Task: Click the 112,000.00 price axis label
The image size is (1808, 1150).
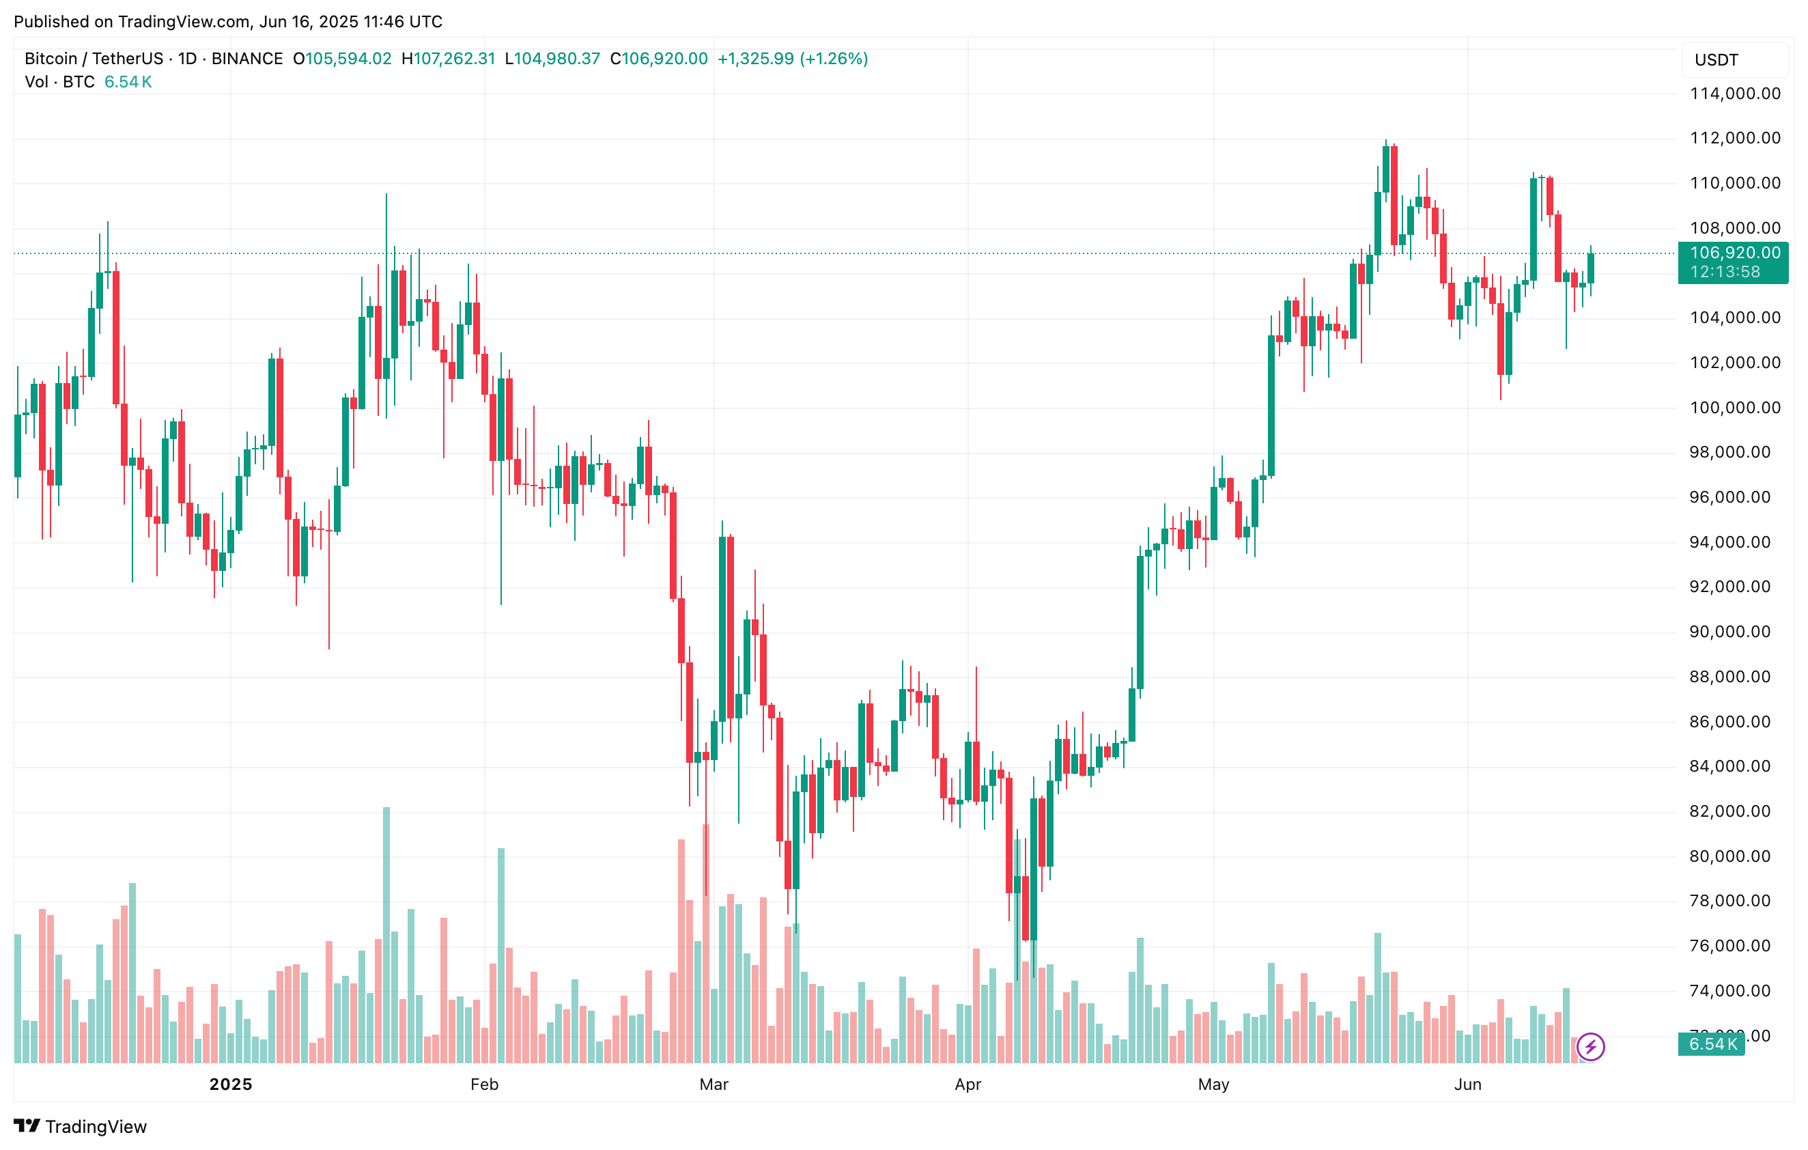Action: pyautogui.click(x=1734, y=138)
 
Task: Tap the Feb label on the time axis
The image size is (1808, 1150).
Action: pyautogui.click(x=484, y=1084)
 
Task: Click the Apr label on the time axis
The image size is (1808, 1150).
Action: pyautogui.click(x=967, y=1084)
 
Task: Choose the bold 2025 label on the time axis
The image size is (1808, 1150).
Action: pyautogui.click(x=231, y=1084)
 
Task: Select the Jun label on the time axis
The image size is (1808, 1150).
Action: pyautogui.click(x=1467, y=1084)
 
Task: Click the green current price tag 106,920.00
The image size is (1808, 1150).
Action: pyautogui.click(x=1734, y=253)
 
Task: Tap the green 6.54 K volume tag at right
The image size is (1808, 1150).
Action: pyautogui.click(x=1712, y=1044)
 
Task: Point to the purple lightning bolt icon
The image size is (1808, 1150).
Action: pyautogui.click(x=1590, y=1046)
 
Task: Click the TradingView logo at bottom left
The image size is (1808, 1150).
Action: pyautogui.click(x=81, y=1126)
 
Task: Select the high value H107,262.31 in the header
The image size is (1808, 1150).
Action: pyautogui.click(x=449, y=59)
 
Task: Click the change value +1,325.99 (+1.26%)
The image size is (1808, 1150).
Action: pyautogui.click(x=792, y=59)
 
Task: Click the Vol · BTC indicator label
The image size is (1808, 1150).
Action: pyautogui.click(x=59, y=82)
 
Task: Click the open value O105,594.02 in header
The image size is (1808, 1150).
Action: pyautogui.click(x=342, y=59)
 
